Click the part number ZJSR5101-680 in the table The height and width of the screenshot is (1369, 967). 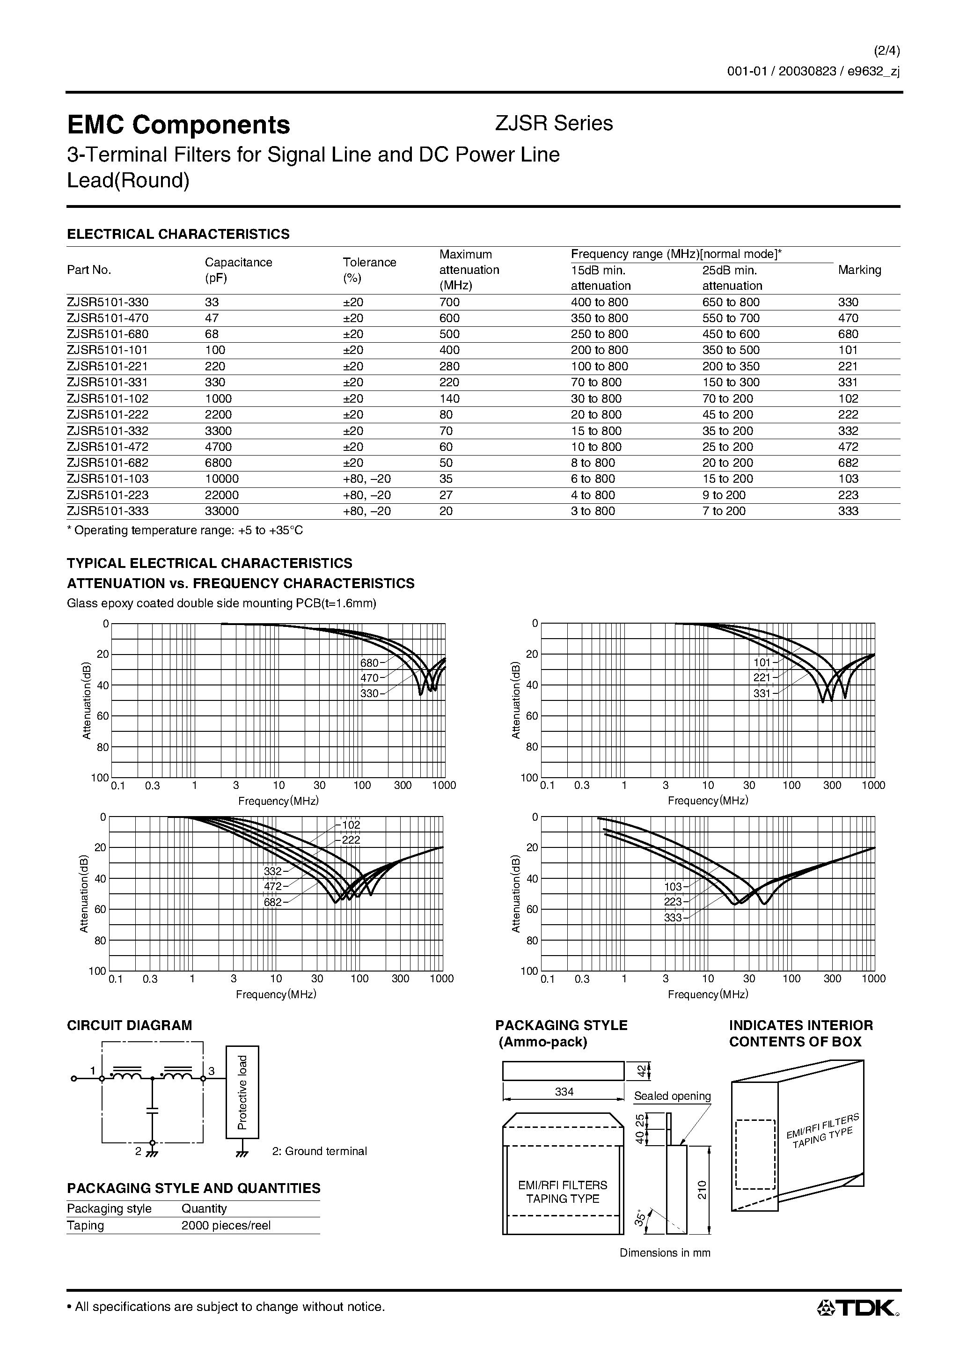coord(108,334)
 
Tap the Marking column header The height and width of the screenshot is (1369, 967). coord(859,270)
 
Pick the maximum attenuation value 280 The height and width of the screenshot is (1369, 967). coord(449,366)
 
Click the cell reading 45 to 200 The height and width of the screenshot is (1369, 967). coord(727,414)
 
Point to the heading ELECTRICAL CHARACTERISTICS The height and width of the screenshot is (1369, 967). coord(178,234)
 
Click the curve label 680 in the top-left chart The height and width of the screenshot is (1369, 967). coord(369,662)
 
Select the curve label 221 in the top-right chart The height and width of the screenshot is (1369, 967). coord(762,678)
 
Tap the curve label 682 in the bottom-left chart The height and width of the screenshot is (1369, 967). coord(272,902)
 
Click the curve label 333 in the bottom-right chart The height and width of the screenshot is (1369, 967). coord(673,918)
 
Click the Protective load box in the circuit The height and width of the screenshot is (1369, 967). coord(242,1092)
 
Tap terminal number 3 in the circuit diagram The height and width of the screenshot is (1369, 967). coord(211,1071)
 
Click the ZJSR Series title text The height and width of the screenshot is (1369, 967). coord(554,124)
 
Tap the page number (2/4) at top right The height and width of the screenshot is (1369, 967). coord(886,51)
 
